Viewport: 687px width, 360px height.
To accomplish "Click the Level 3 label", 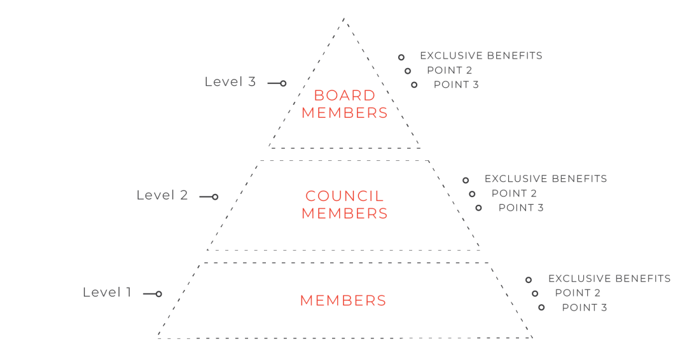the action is pyautogui.click(x=230, y=82).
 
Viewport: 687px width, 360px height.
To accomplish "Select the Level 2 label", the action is pyautogui.click(x=162, y=195).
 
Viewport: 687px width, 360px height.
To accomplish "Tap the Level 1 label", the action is pyautogui.click(x=108, y=293).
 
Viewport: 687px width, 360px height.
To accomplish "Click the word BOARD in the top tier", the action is pyautogui.click(x=344, y=95).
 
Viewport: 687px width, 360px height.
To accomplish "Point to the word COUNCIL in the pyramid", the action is pyautogui.click(x=344, y=196).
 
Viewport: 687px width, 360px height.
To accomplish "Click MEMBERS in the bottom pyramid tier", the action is pyautogui.click(x=343, y=301).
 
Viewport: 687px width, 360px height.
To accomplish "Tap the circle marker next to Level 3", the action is pyautogui.click(x=283, y=83).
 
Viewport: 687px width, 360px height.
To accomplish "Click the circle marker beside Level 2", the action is pyautogui.click(x=215, y=197).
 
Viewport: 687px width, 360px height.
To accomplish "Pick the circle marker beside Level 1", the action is pyautogui.click(x=158, y=294).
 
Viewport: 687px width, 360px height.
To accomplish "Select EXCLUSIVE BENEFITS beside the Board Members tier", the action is pyautogui.click(x=481, y=55).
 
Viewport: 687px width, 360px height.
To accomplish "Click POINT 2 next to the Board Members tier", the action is pyautogui.click(x=450, y=70).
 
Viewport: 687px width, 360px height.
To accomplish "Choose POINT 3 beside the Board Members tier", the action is pyautogui.click(x=456, y=85).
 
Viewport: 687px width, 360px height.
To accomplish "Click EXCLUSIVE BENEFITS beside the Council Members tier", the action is pyautogui.click(x=546, y=179).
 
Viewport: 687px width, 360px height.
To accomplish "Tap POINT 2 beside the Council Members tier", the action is pyautogui.click(x=514, y=193).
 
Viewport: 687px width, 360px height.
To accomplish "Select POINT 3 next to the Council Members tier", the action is pyautogui.click(x=521, y=207).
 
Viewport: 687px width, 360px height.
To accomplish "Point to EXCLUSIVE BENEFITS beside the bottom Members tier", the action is pyautogui.click(x=609, y=279).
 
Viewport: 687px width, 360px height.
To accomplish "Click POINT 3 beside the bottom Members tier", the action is pyautogui.click(x=585, y=307).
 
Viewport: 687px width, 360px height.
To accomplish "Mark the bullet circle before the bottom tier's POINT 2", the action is pyautogui.click(x=535, y=293).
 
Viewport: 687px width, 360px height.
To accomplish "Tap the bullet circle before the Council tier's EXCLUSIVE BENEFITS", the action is pyautogui.click(x=466, y=180).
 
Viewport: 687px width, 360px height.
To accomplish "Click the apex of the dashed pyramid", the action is pyautogui.click(x=344, y=18).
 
